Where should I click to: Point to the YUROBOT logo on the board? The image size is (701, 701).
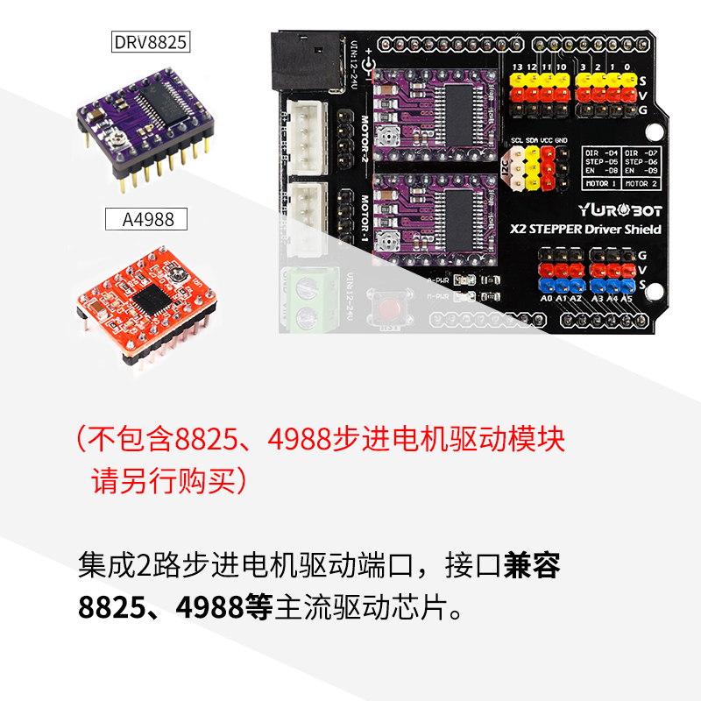coord(620,210)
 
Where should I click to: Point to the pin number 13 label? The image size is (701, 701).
coord(517,67)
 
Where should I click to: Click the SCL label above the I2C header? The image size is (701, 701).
coord(517,140)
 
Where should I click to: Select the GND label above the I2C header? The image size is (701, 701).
coord(561,140)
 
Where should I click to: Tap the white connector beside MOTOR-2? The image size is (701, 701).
coord(308,138)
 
